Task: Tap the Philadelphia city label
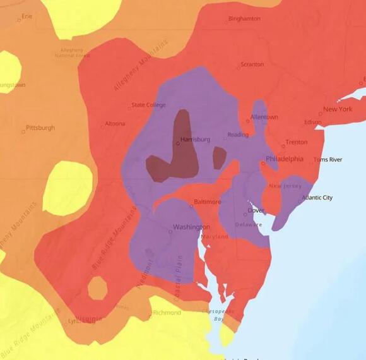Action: click(x=284, y=159)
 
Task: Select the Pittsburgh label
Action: click(x=40, y=128)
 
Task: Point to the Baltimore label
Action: click(x=207, y=201)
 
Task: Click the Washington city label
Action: click(x=191, y=227)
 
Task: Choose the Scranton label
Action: click(x=251, y=64)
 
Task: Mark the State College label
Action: click(x=148, y=105)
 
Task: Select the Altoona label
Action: click(x=115, y=124)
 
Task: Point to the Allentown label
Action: click(x=264, y=117)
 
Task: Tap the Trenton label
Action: click(x=296, y=142)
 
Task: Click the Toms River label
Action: click(x=328, y=160)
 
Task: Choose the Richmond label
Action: click(x=167, y=313)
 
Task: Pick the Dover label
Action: click(x=256, y=210)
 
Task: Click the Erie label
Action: click(x=27, y=16)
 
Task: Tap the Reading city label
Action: click(x=238, y=135)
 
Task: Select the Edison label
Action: click(x=312, y=123)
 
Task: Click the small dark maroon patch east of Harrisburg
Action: click(x=219, y=158)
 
